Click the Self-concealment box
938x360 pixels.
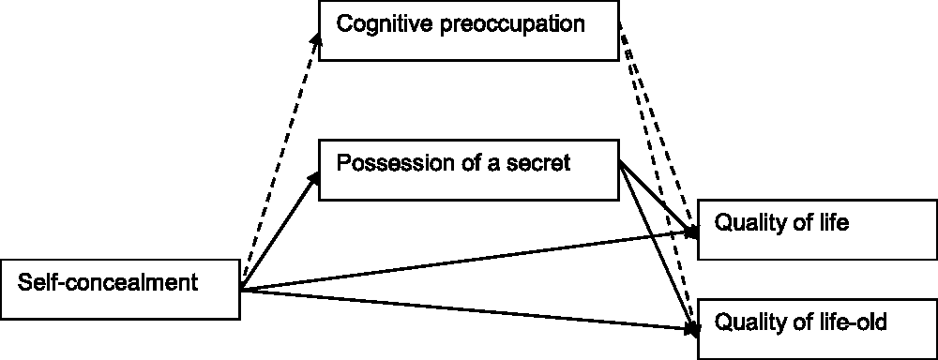pos(120,290)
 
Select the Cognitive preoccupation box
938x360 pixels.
pos(468,31)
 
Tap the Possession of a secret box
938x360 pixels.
pos(468,170)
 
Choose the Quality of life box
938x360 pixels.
pos(817,230)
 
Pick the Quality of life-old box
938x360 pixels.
pos(817,329)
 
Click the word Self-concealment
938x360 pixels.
pos(108,281)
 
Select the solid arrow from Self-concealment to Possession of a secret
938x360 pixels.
pos(279,232)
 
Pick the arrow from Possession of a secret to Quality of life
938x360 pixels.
pos(658,199)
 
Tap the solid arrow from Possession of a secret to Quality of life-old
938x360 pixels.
pos(658,250)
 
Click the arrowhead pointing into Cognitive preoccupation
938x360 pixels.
pos(317,38)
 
